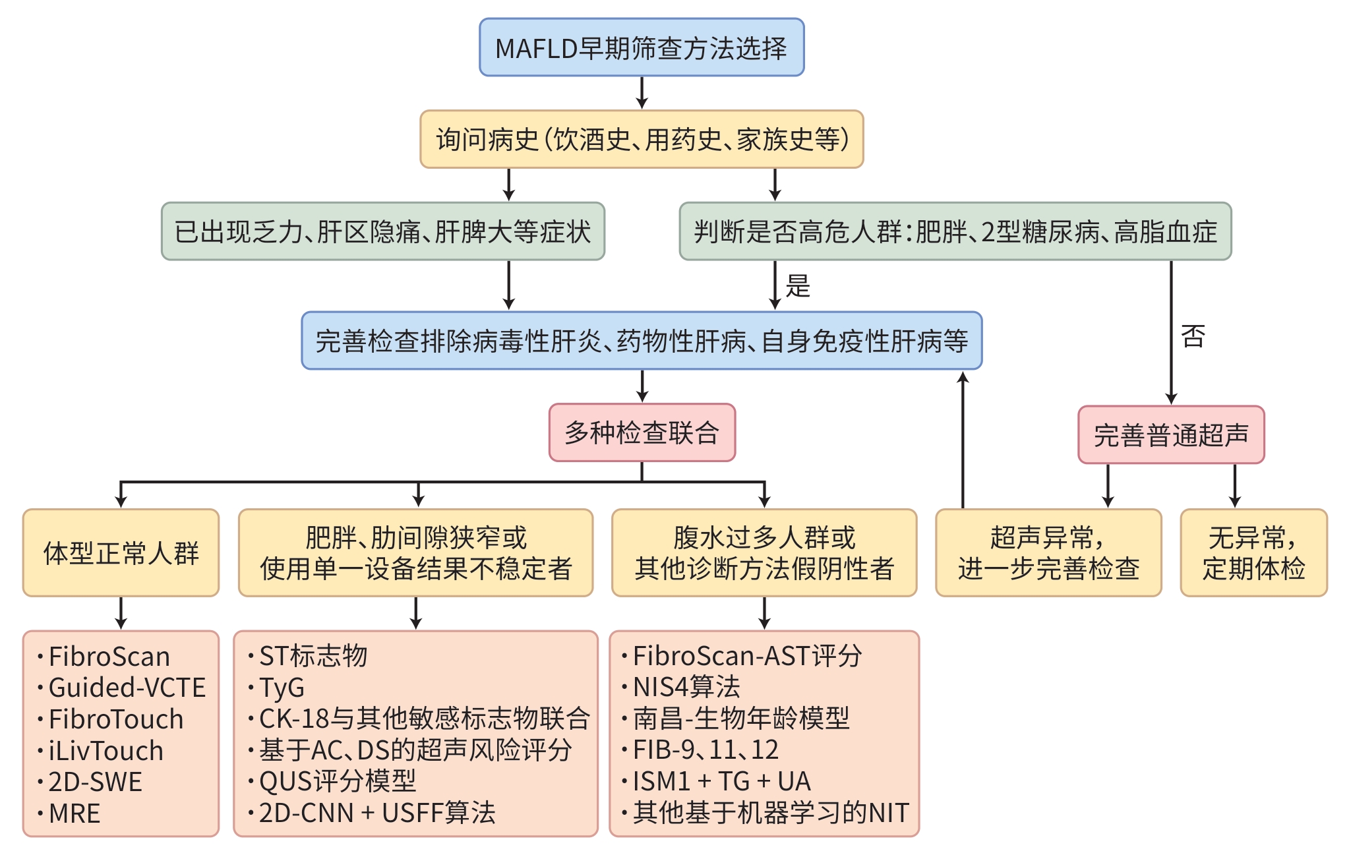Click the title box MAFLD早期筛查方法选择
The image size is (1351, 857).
(x=642, y=47)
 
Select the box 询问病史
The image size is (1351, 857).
(x=642, y=139)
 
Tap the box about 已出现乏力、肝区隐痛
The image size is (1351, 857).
(x=382, y=231)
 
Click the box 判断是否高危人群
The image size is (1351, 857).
(x=955, y=231)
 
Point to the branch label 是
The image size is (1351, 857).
(x=798, y=286)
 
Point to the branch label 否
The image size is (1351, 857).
(x=1193, y=336)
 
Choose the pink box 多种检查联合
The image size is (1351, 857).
(x=642, y=432)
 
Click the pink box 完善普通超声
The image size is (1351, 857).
(x=1171, y=435)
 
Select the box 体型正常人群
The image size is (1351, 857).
(x=121, y=552)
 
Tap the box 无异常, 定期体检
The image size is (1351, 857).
(x=1253, y=552)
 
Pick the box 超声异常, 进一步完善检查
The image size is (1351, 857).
(x=1048, y=552)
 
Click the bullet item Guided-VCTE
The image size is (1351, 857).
(x=127, y=688)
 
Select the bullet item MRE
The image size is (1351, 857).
(x=74, y=813)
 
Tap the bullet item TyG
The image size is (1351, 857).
(x=282, y=688)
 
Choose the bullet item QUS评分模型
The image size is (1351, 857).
(x=337, y=781)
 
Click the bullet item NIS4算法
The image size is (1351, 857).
(x=686, y=687)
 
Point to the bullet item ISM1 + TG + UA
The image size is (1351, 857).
(x=721, y=781)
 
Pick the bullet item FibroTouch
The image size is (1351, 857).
(x=115, y=719)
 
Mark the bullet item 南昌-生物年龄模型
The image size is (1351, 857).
(x=740, y=719)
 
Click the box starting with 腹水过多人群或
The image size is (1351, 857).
(x=764, y=552)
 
